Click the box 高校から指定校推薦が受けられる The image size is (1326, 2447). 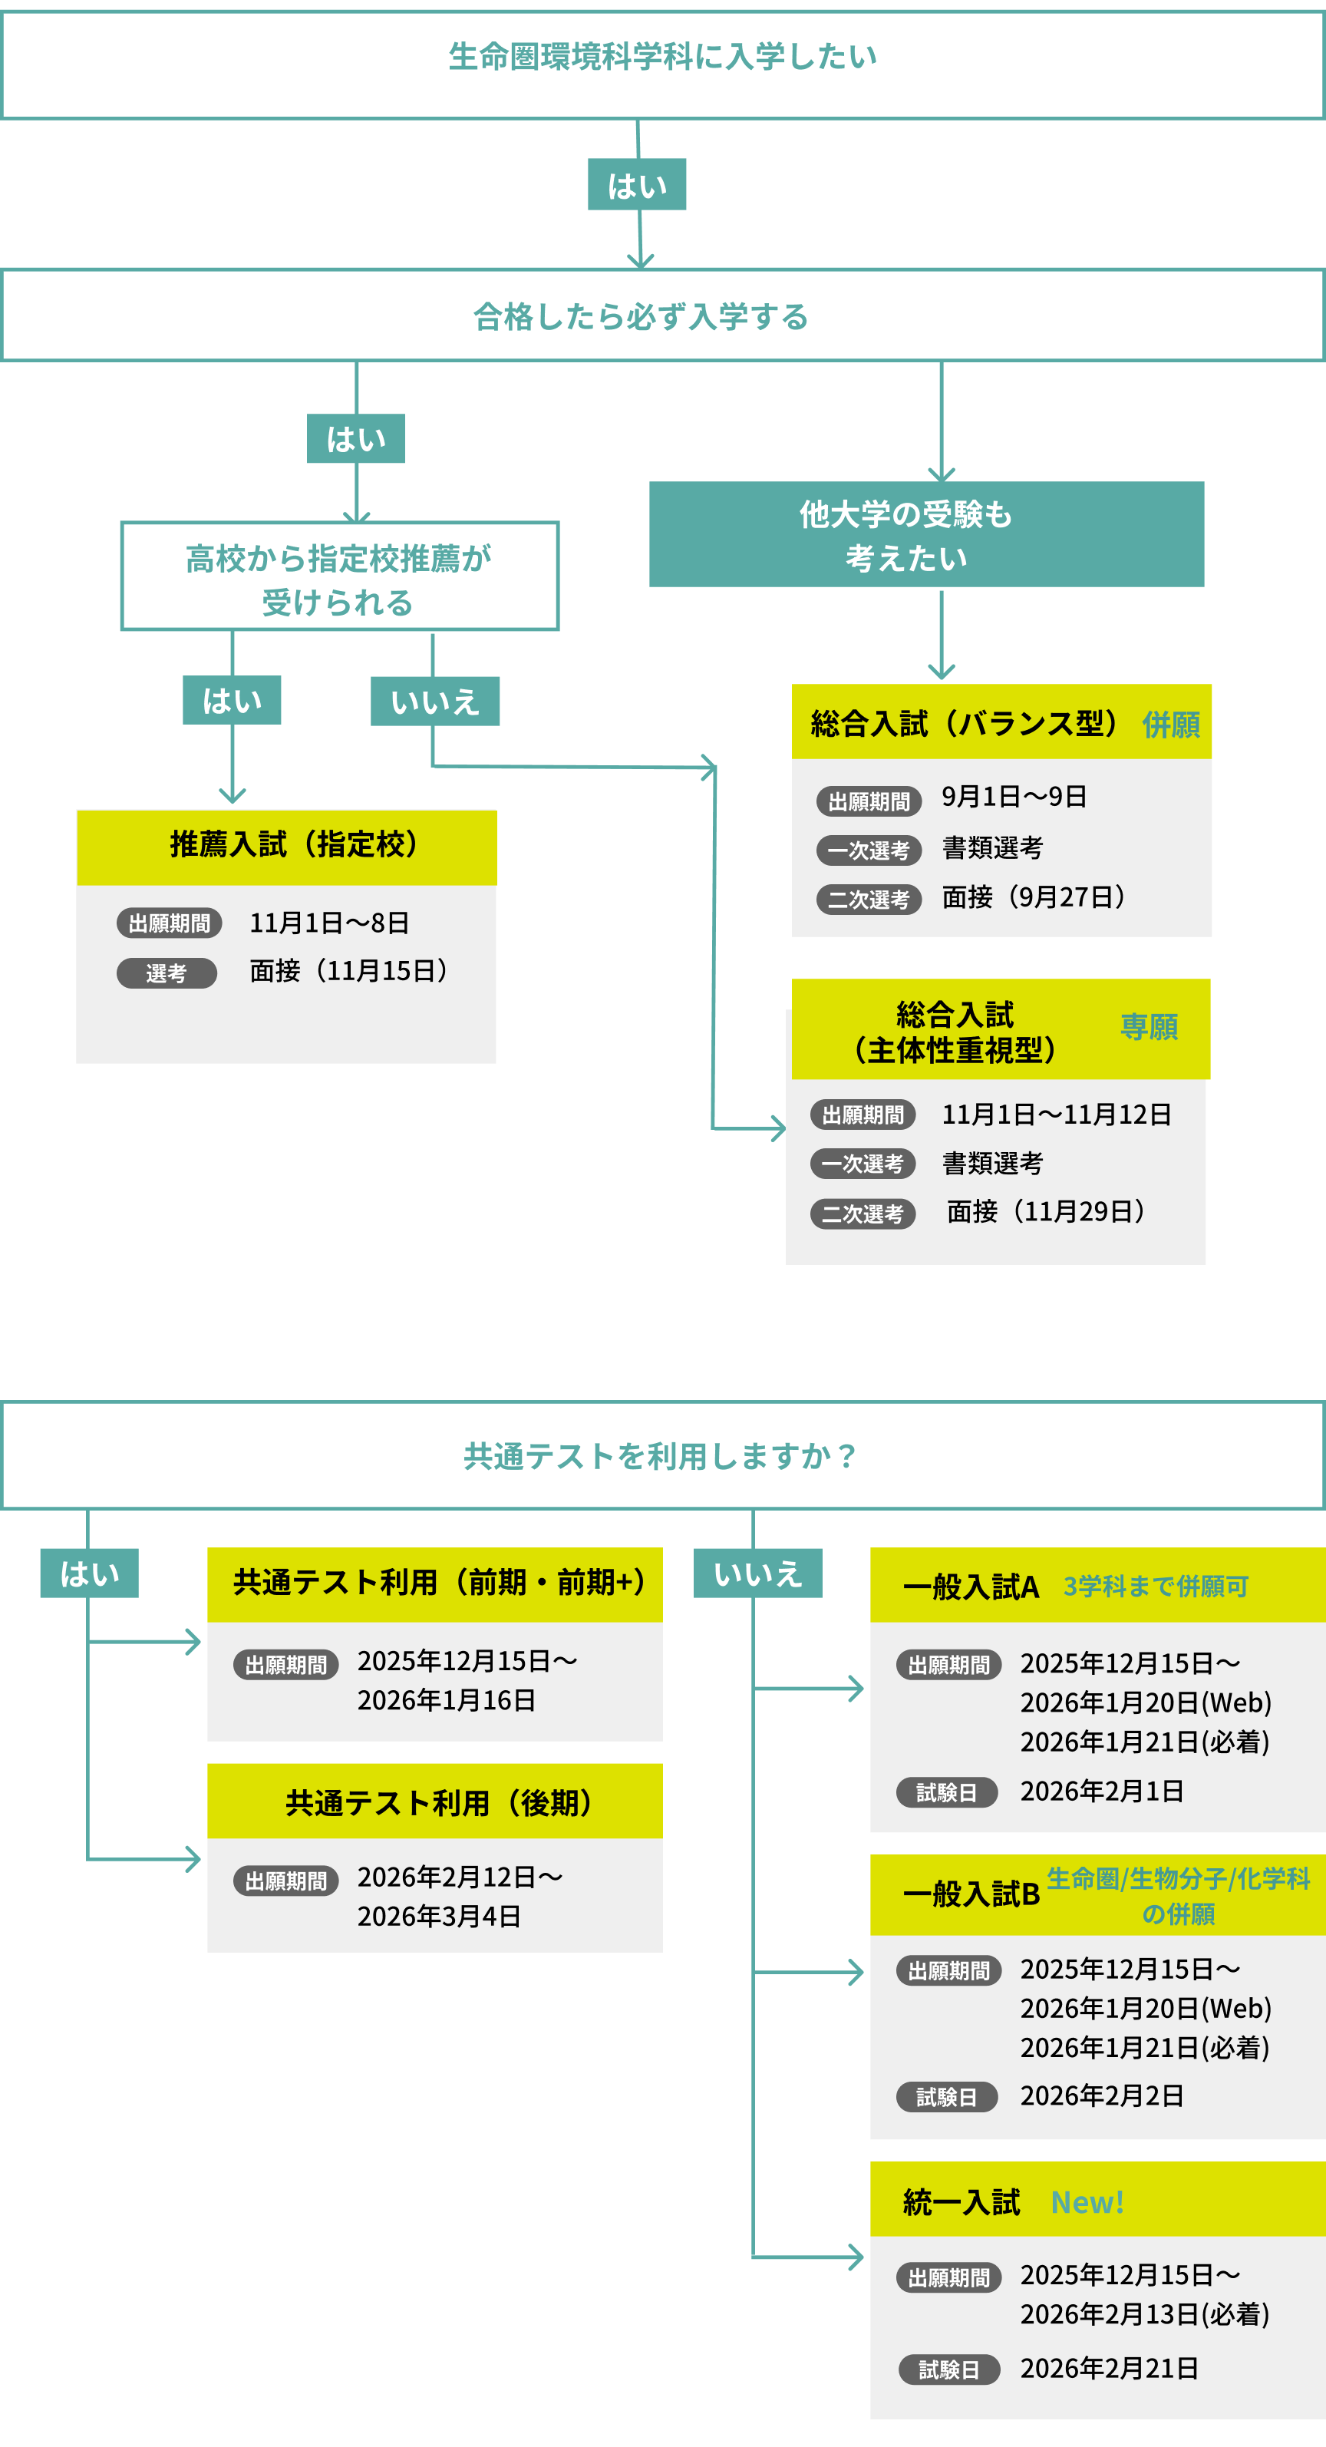[339, 577]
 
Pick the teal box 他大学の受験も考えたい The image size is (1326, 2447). [926, 535]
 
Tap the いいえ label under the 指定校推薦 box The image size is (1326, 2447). [434, 702]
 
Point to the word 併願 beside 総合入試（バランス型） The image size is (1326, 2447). [1170, 725]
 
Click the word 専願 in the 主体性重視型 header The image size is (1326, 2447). [1149, 1027]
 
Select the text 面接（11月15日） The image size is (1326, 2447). [348, 971]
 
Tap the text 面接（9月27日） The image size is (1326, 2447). [1034, 897]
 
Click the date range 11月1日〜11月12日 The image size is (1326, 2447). [1056, 1115]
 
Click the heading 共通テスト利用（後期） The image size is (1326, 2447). [438, 1803]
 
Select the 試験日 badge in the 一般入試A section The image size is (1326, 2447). [946, 1792]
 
